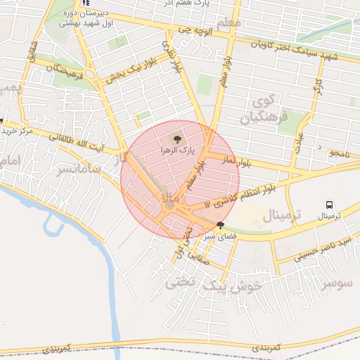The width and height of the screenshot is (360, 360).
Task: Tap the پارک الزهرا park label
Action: [x=176, y=150]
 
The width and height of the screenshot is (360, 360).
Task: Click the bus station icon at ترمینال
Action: [x=329, y=204]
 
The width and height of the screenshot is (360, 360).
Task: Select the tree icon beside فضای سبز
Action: [x=221, y=226]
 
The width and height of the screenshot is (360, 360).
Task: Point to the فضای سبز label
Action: [x=219, y=238]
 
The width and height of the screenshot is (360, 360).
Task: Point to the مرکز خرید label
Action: [x=17, y=131]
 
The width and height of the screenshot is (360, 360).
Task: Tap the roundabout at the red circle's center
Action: [x=169, y=205]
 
